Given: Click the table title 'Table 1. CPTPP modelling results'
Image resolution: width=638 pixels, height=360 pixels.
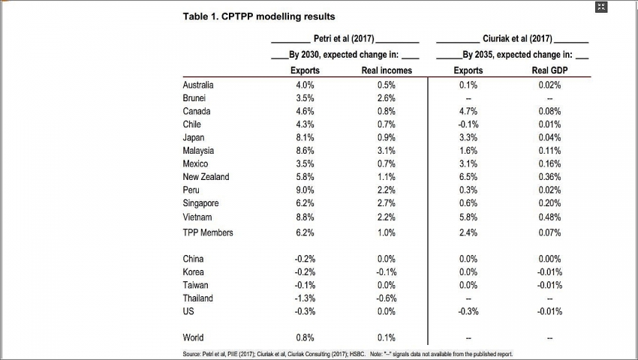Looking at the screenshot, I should click(259, 16).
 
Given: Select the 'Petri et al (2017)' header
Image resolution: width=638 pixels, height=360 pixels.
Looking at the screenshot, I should click(345, 39).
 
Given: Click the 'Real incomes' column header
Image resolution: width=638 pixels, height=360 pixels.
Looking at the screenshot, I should click(387, 70).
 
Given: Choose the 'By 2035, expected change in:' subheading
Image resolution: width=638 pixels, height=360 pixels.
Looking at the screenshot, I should click(517, 55).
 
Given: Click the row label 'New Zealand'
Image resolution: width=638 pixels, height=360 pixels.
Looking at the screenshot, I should click(206, 177).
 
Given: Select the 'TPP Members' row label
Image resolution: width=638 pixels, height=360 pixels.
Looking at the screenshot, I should click(208, 232).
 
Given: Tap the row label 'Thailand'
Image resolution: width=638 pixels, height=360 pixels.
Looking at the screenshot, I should click(198, 298).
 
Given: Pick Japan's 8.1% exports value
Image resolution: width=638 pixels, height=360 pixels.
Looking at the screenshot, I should click(305, 138).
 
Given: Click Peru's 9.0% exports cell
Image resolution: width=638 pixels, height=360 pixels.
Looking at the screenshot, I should click(305, 190).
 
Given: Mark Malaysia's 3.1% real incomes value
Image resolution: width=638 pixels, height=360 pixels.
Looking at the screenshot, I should click(387, 151).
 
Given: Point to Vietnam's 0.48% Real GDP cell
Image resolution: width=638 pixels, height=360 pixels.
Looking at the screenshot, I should click(549, 217).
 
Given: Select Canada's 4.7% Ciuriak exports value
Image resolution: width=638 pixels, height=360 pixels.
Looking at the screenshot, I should click(468, 112).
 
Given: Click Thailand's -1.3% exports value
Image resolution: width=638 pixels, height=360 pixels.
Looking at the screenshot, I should click(305, 298).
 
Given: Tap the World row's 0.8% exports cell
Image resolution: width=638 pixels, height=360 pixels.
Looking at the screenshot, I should click(305, 337).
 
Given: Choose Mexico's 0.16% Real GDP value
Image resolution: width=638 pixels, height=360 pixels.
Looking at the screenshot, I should click(549, 164).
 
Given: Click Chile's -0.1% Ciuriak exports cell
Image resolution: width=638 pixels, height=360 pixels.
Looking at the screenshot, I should click(468, 124).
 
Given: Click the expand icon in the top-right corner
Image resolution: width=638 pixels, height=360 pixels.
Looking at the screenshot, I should click(600, 7).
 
